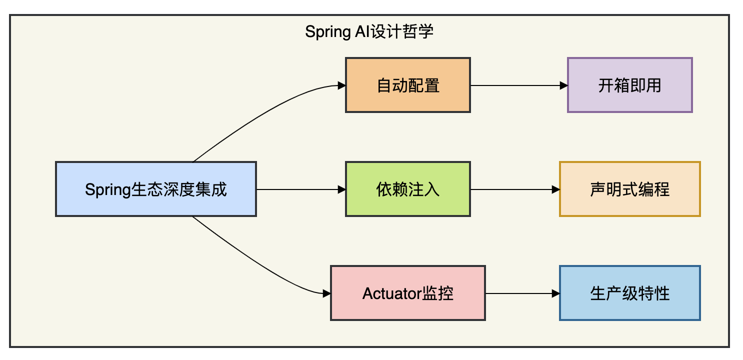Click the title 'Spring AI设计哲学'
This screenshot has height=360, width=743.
coord(369,32)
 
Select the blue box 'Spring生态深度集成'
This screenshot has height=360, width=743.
coord(156,189)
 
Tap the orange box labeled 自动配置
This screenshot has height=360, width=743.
coord(408,85)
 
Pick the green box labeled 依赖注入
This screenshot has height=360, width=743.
coord(408,189)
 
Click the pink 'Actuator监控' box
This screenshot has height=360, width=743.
coord(408,293)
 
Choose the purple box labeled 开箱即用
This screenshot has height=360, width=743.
coord(630,85)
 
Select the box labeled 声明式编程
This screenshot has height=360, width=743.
coord(630,189)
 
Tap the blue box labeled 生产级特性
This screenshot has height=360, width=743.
coord(630,293)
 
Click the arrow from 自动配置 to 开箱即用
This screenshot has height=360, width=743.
coord(519,85)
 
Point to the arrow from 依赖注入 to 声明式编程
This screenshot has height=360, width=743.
coord(515,189)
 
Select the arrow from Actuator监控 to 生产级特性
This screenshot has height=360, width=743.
coord(522,293)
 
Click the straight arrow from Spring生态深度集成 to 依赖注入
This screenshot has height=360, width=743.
coord(301,189)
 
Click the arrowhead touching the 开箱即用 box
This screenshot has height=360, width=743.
coord(563,85)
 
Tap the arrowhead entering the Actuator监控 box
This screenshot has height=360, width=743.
coord(326,293)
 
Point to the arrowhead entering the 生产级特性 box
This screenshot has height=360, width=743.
coord(555,293)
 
